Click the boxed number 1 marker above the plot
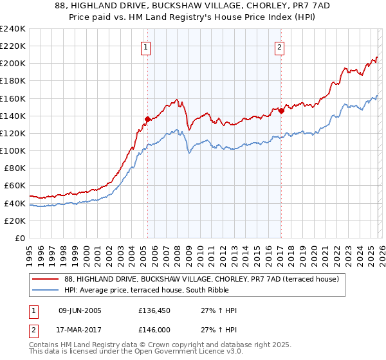tap(147, 47)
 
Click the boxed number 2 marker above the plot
tap(280, 47)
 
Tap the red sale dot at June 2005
tap(147, 119)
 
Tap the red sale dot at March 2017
tap(281, 111)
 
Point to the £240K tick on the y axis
tap(13, 29)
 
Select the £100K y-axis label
tap(13, 150)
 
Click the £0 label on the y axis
tap(19, 238)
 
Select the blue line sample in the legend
tap(46, 289)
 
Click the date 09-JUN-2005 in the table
tap(80, 310)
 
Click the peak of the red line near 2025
tap(376, 57)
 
